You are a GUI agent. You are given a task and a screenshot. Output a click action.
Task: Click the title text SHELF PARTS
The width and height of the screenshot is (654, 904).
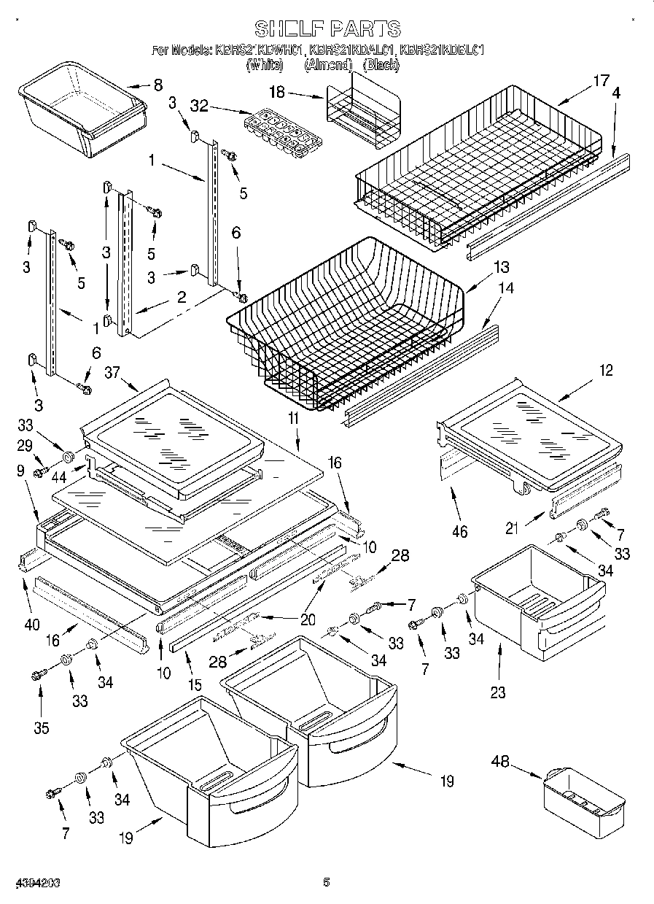pos(327,28)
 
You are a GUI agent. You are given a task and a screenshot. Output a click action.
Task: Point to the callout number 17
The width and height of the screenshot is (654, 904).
pos(600,81)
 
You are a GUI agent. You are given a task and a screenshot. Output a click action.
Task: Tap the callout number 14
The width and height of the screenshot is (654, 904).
pos(505,288)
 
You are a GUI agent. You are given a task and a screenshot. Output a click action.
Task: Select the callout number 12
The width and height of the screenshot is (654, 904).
pos(606,370)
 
